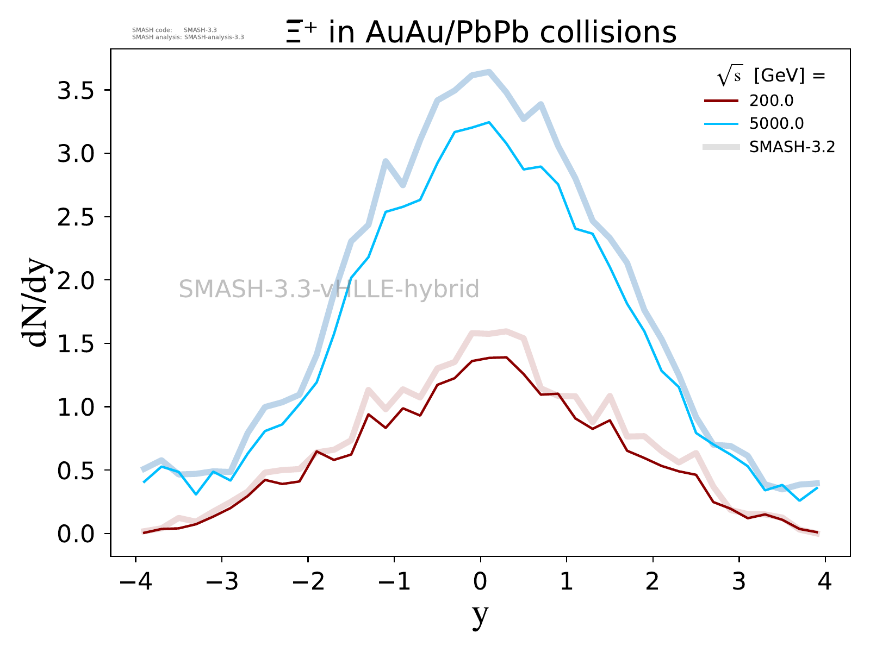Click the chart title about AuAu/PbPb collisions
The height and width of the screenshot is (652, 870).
pyautogui.click(x=481, y=32)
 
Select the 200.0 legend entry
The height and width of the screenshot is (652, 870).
pyautogui.click(x=771, y=101)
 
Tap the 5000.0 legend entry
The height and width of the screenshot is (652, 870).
pyautogui.click(x=776, y=124)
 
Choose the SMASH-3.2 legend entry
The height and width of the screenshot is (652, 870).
pyautogui.click(x=792, y=147)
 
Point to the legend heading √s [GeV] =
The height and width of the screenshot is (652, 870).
pyautogui.click(x=771, y=76)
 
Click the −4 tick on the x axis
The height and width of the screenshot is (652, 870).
pyautogui.click(x=135, y=582)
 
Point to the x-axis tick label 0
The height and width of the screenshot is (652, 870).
pyautogui.click(x=480, y=582)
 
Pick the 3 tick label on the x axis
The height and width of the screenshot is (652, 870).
pyautogui.click(x=739, y=582)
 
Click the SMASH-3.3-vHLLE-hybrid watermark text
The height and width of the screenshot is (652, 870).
pyautogui.click(x=329, y=289)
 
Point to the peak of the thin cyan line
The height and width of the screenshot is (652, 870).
pyautogui.click(x=489, y=122)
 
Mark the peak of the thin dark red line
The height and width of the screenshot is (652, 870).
pyautogui.click(x=506, y=357)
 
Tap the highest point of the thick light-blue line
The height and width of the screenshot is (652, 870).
pyautogui.click(x=489, y=71)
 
